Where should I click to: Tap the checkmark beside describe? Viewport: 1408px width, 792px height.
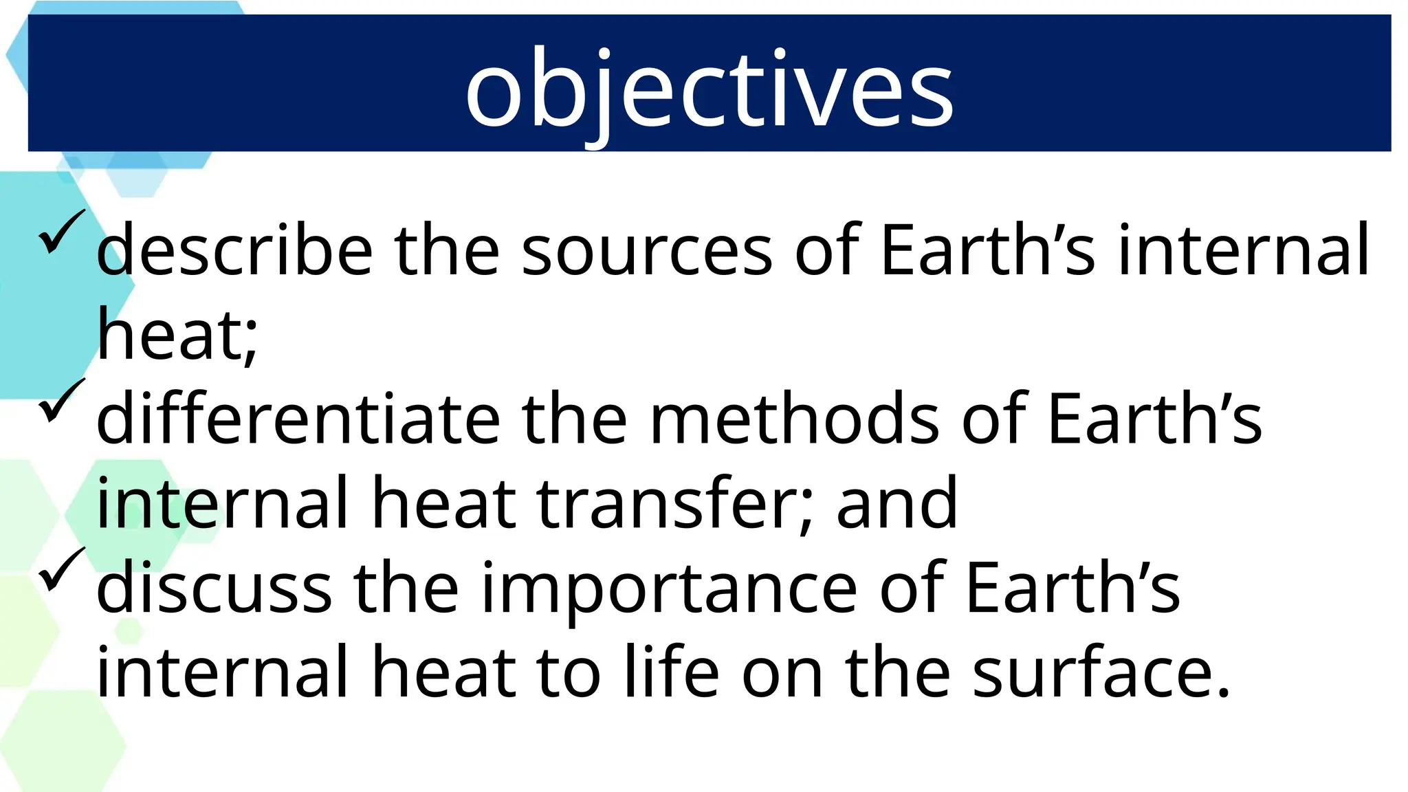point(61,232)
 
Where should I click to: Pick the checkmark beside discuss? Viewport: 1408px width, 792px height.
point(61,570)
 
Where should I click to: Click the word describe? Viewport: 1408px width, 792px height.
point(234,250)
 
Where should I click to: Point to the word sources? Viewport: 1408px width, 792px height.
point(647,252)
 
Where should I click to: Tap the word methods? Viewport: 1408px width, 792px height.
point(794,419)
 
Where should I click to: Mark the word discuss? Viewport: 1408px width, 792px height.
point(214,588)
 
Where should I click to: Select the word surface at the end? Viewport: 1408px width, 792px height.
point(1100,672)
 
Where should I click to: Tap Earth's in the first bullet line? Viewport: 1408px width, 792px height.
point(987,250)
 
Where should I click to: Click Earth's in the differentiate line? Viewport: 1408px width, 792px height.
point(1154,419)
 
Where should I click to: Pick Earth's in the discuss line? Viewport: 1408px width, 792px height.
point(1072,588)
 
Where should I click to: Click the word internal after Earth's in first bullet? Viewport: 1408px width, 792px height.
point(1244,250)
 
